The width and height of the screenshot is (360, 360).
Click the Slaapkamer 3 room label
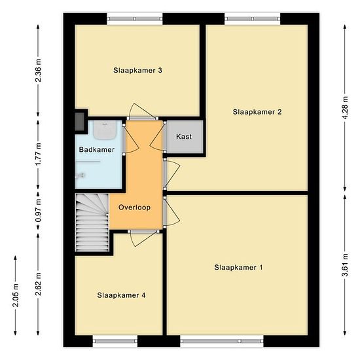137,70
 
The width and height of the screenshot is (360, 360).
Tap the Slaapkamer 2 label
257,112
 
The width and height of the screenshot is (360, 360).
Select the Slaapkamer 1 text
238,268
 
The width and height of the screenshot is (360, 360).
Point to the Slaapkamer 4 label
121,295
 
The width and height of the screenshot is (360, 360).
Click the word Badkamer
97,150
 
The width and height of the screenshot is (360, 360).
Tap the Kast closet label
184,137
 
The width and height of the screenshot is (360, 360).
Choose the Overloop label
135,207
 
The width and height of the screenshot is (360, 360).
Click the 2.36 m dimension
38,71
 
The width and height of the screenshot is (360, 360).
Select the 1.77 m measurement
38,154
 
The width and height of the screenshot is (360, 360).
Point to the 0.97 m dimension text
38,211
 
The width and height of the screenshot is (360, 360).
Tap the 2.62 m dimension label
38,284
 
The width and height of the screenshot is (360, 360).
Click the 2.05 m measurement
16,295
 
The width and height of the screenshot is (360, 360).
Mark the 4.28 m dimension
344,108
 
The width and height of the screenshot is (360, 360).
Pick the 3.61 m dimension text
344,265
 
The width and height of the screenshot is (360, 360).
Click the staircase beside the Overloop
92,223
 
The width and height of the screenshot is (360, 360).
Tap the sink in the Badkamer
105,130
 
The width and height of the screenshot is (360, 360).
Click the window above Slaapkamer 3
135,18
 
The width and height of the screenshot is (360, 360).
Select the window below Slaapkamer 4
115,341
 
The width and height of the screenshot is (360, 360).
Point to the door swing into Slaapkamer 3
142,111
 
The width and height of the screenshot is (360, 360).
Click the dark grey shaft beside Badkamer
80,122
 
